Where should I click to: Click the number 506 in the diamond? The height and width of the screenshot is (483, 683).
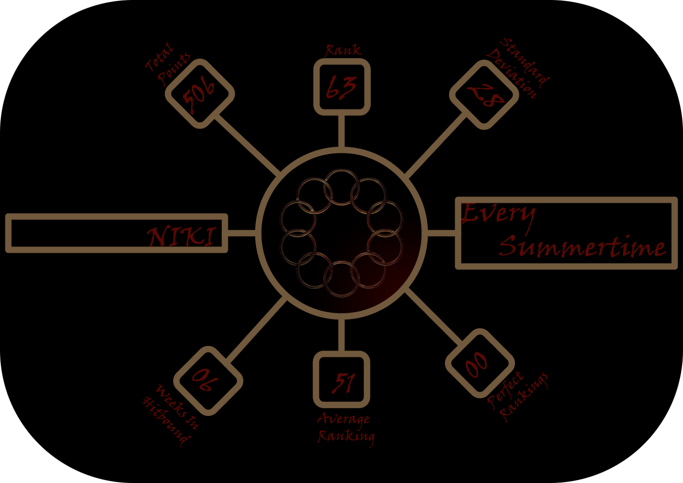click(199, 93)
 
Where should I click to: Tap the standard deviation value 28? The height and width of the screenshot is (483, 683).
click(485, 95)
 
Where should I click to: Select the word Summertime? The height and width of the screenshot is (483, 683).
click(583, 247)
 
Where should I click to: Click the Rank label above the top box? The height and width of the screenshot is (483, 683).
click(343, 50)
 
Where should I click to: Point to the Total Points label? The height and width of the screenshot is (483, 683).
click(167, 64)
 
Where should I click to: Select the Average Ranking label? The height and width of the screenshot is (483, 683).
click(345, 428)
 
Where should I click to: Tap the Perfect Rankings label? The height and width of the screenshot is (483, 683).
click(517, 396)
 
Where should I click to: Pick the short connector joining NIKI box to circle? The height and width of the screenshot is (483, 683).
click(242, 233)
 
